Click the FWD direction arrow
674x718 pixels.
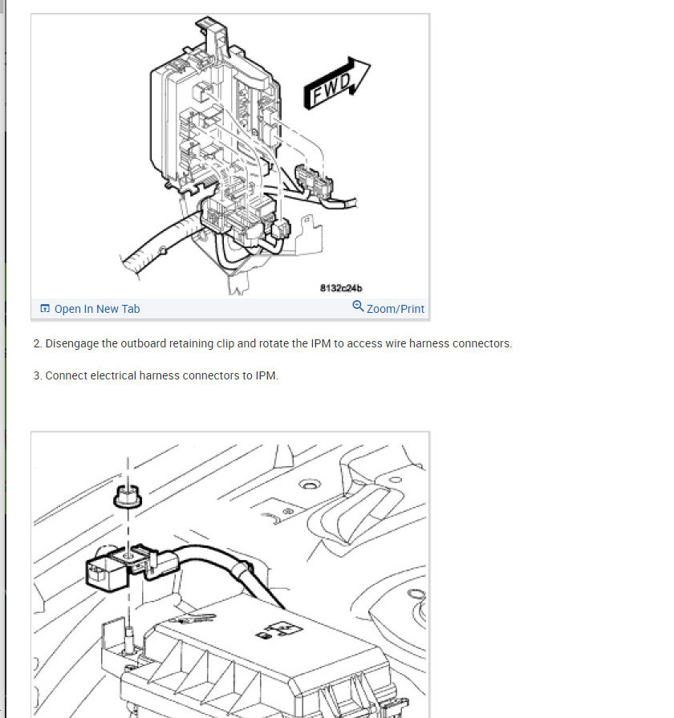tap(337, 83)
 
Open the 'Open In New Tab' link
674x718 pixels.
tap(97, 309)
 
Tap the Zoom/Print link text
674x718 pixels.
tap(396, 309)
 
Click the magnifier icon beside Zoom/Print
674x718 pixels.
tap(358, 306)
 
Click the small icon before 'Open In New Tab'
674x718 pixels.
tap(45, 309)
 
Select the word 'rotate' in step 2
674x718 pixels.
tap(276, 343)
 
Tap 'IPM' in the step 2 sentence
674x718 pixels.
tap(320, 343)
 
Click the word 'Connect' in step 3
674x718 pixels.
tap(66, 375)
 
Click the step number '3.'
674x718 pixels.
tap(38, 375)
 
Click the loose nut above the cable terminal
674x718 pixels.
tap(126, 497)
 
